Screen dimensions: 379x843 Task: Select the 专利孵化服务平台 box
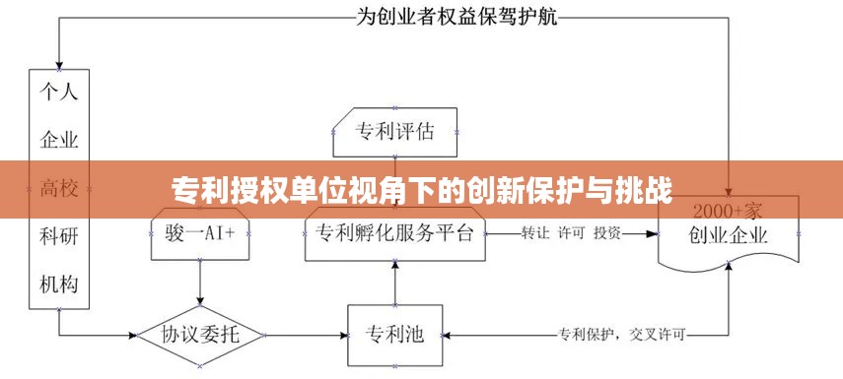[394, 234]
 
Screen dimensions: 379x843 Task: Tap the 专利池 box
[394, 334]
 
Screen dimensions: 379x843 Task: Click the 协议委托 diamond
[200, 335]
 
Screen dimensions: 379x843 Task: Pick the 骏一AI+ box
[200, 234]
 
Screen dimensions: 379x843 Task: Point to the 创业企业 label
[729, 236]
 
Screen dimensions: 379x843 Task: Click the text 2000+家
[729, 212]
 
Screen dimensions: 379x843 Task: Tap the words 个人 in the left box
[59, 94]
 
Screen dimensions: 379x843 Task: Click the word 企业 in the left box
[59, 140]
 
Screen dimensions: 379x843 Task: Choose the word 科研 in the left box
[59, 235]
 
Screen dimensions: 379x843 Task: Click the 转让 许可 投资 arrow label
[571, 233]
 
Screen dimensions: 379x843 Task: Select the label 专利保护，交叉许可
[622, 333]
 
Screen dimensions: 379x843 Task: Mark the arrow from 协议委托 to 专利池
[306, 335]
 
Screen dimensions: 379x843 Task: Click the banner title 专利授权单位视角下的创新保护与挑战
[422, 188]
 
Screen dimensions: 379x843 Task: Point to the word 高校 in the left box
[59, 187]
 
